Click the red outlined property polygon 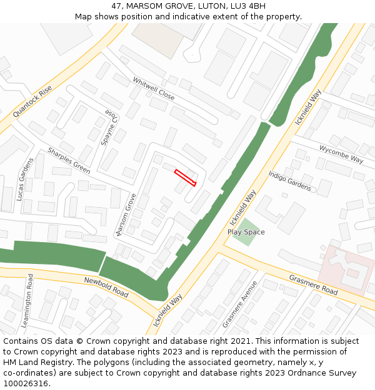185,177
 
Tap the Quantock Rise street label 32,102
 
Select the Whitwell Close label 154,88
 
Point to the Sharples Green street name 69,160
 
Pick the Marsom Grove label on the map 126,214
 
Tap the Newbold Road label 106,286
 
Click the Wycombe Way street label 341,154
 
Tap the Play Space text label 246,232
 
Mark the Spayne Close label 107,128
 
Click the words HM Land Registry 36,363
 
